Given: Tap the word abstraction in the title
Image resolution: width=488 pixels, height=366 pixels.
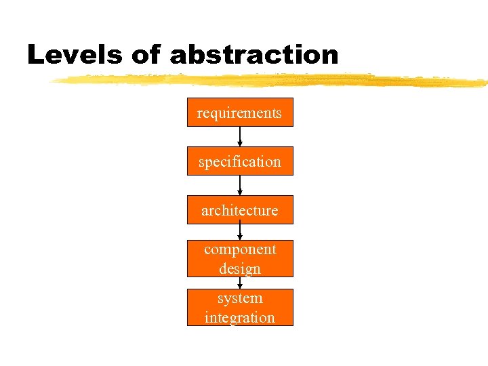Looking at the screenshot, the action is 253,55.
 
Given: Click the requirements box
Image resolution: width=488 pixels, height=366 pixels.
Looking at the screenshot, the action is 240,113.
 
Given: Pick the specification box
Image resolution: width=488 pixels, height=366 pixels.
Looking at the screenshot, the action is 240,161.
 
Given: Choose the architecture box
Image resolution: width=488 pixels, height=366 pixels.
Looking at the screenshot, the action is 240,210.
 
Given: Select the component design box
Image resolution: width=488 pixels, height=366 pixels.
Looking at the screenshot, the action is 240,258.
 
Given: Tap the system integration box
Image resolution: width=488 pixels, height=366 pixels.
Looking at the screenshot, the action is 240,307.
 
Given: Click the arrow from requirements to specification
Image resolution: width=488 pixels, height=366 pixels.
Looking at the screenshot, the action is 240,136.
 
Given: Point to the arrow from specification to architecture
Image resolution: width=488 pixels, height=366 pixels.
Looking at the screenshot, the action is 240,185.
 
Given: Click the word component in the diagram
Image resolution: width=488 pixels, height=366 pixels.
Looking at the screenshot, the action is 240,249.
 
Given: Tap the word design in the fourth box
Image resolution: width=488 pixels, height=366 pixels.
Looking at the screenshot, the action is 240,269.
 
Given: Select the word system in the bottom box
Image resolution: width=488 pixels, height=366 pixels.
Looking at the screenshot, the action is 240,298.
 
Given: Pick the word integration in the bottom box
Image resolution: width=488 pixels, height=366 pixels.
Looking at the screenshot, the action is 240,317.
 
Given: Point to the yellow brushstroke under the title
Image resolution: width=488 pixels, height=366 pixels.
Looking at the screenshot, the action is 271,81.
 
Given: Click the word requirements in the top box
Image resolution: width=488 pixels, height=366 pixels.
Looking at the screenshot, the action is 239,113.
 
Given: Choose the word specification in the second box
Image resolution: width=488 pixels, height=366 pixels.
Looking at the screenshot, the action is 239,162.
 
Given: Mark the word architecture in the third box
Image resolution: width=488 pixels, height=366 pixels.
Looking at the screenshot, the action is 239,211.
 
